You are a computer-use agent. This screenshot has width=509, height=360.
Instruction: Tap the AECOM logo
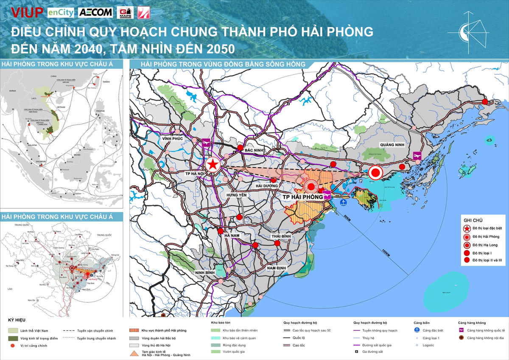coord(95,12)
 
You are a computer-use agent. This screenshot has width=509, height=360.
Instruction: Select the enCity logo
coord(61,12)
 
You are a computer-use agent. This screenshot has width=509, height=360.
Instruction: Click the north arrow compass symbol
coord(472,30)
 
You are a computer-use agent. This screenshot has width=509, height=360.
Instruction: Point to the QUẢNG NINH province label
coord(393,145)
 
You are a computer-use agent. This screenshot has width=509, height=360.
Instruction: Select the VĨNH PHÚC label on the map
coord(171,139)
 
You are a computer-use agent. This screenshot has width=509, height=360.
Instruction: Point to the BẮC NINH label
coord(255,150)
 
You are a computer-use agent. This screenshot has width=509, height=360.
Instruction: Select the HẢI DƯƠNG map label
coord(267,186)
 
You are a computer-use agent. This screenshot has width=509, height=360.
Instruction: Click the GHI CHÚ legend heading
coord(473,220)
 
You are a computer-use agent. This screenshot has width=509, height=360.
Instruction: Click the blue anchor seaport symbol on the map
coord(344,202)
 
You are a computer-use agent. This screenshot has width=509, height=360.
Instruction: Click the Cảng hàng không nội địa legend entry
coord(484,338)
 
